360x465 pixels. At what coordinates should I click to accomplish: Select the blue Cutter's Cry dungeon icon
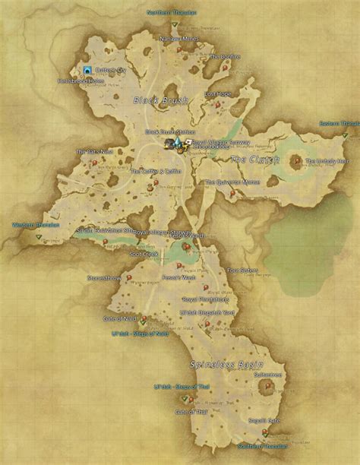click(x=88, y=70)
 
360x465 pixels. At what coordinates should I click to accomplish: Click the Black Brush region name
click(x=154, y=100)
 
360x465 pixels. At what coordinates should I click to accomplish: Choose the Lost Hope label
click(x=217, y=93)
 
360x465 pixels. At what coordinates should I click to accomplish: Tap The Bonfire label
click(x=225, y=56)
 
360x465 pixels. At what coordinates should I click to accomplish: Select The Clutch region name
click(x=255, y=160)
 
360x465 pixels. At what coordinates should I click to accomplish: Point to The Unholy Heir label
click(x=327, y=161)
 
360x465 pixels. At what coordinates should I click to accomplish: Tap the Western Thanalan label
click(x=34, y=225)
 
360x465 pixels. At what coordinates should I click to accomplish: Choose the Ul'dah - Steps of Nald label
click(x=139, y=333)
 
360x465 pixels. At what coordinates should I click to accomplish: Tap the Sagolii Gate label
click(x=264, y=420)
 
